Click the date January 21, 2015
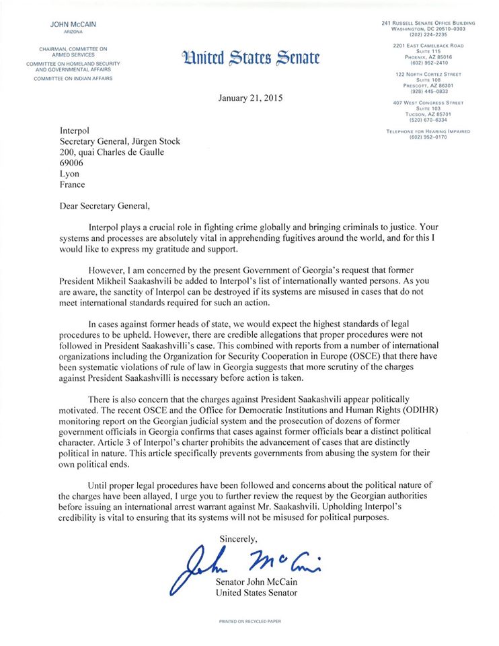pos(251,98)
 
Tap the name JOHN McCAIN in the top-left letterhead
pos(73,25)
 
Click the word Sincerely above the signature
pos(239,538)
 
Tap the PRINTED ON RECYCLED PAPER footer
pos(249,621)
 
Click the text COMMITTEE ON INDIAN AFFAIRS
pos(74,79)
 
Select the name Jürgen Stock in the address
pos(152,141)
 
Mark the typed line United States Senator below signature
pos(256,593)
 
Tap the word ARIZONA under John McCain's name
pos(73,32)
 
